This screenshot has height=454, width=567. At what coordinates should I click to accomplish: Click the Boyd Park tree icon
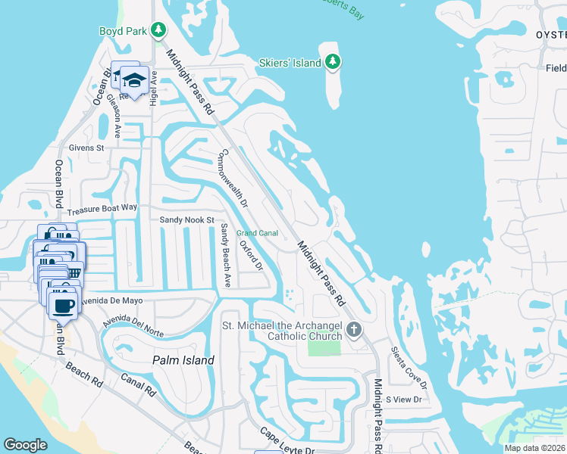(158, 30)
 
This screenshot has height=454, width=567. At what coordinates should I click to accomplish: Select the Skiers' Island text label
(290, 63)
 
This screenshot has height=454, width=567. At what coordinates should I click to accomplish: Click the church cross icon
(354, 329)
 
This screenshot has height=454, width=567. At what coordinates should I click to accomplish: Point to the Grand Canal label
(257, 233)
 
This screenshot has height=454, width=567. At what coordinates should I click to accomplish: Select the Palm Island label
(183, 360)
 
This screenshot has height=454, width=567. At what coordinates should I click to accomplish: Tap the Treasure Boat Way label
(102, 207)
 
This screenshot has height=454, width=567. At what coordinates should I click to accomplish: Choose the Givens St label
(86, 148)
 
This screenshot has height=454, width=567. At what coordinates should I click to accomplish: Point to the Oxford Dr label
(250, 257)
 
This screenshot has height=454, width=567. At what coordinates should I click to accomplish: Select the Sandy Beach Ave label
(225, 255)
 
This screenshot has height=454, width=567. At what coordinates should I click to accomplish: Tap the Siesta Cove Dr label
(409, 368)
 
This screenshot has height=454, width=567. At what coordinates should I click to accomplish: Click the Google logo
(25, 445)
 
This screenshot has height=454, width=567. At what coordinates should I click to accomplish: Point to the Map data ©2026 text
(534, 448)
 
